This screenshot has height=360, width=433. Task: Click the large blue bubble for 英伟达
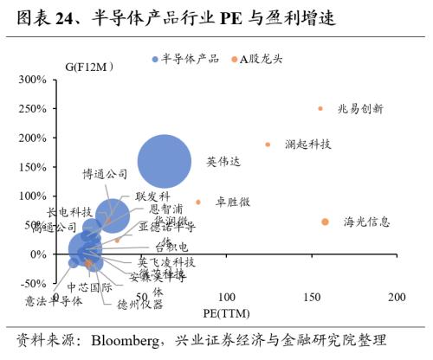coord(165,162)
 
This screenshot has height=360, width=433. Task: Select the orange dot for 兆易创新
coord(320,109)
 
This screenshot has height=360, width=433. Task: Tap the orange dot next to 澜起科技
coord(268,145)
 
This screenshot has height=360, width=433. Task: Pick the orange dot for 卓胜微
coord(198,202)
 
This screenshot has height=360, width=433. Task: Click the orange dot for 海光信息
coord(325,222)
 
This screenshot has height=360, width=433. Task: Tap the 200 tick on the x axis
coord(397,298)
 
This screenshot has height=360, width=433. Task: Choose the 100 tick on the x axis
coord(226,298)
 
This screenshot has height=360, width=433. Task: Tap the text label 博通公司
coord(106,174)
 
